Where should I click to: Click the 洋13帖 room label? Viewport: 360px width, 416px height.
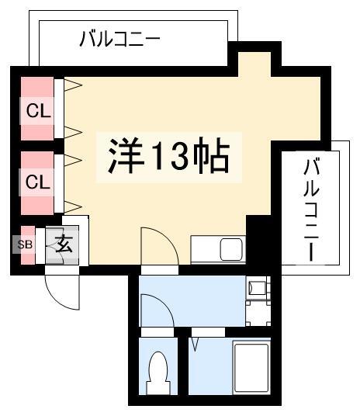[168, 156]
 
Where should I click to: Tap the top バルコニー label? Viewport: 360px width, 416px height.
[120, 39]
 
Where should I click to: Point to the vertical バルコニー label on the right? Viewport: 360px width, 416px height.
[311, 210]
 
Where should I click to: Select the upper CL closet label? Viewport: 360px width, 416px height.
[38, 110]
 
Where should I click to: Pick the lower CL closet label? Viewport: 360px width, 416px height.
[38, 182]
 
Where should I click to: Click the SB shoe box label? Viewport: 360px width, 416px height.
[25, 244]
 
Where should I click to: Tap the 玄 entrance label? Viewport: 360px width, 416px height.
[64, 244]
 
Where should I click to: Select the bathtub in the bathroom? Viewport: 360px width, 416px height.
[251, 368]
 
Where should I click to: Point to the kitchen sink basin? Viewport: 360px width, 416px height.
[232, 249]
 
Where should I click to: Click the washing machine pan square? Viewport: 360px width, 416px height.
[258, 313]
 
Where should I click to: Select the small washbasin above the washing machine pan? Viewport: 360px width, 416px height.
[257, 288]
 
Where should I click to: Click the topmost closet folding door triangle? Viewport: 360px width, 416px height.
[73, 85]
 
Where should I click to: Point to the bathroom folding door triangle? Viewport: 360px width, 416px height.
[196, 345]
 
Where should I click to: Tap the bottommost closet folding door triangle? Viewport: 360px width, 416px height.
[73, 206]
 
